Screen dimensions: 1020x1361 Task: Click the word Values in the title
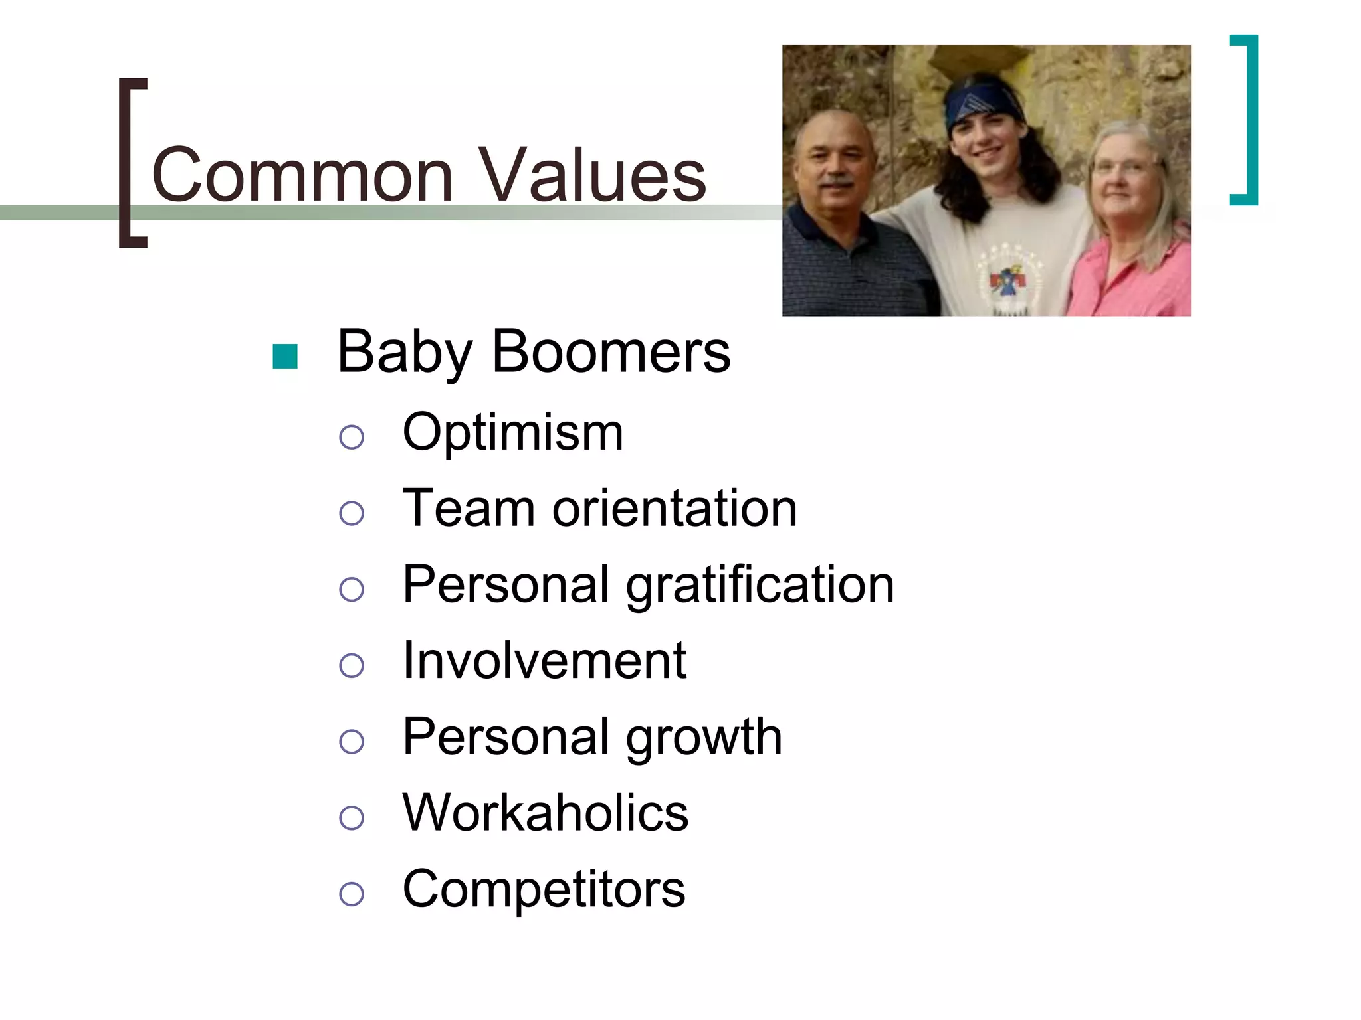593,175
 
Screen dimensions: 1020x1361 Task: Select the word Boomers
611,352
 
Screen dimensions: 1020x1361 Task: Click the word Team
469,509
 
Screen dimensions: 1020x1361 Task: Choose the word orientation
675,509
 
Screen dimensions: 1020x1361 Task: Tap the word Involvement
544,661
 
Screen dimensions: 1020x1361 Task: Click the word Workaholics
546,813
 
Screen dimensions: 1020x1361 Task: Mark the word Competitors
544,889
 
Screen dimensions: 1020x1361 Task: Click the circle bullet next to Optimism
352,437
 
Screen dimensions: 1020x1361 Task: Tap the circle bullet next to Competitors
352,894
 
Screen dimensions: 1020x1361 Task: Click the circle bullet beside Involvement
352,665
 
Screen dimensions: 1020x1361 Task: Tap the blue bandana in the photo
982,103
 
